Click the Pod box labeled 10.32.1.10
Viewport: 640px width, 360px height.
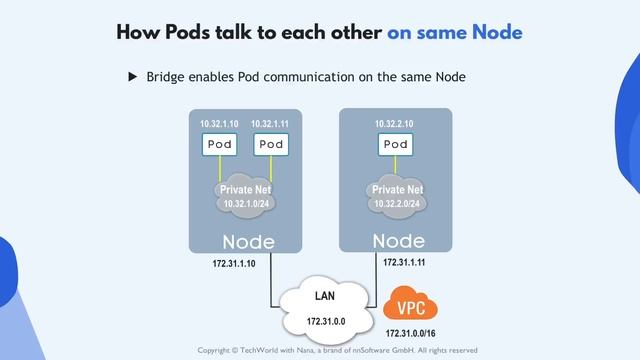(x=220, y=145)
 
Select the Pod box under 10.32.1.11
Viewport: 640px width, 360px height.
(x=270, y=145)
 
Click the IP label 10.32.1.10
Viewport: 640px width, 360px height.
(x=220, y=124)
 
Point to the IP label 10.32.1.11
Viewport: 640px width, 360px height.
(x=271, y=124)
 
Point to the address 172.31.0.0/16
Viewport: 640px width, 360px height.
(x=411, y=331)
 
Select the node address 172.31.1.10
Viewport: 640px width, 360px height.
(x=234, y=264)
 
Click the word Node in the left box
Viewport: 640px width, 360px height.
(x=248, y=242)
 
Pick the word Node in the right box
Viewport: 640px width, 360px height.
(x=397, y=241)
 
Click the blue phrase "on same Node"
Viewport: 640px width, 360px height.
(x=455, y=32)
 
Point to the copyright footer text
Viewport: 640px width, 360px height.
(x=337, y=350)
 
